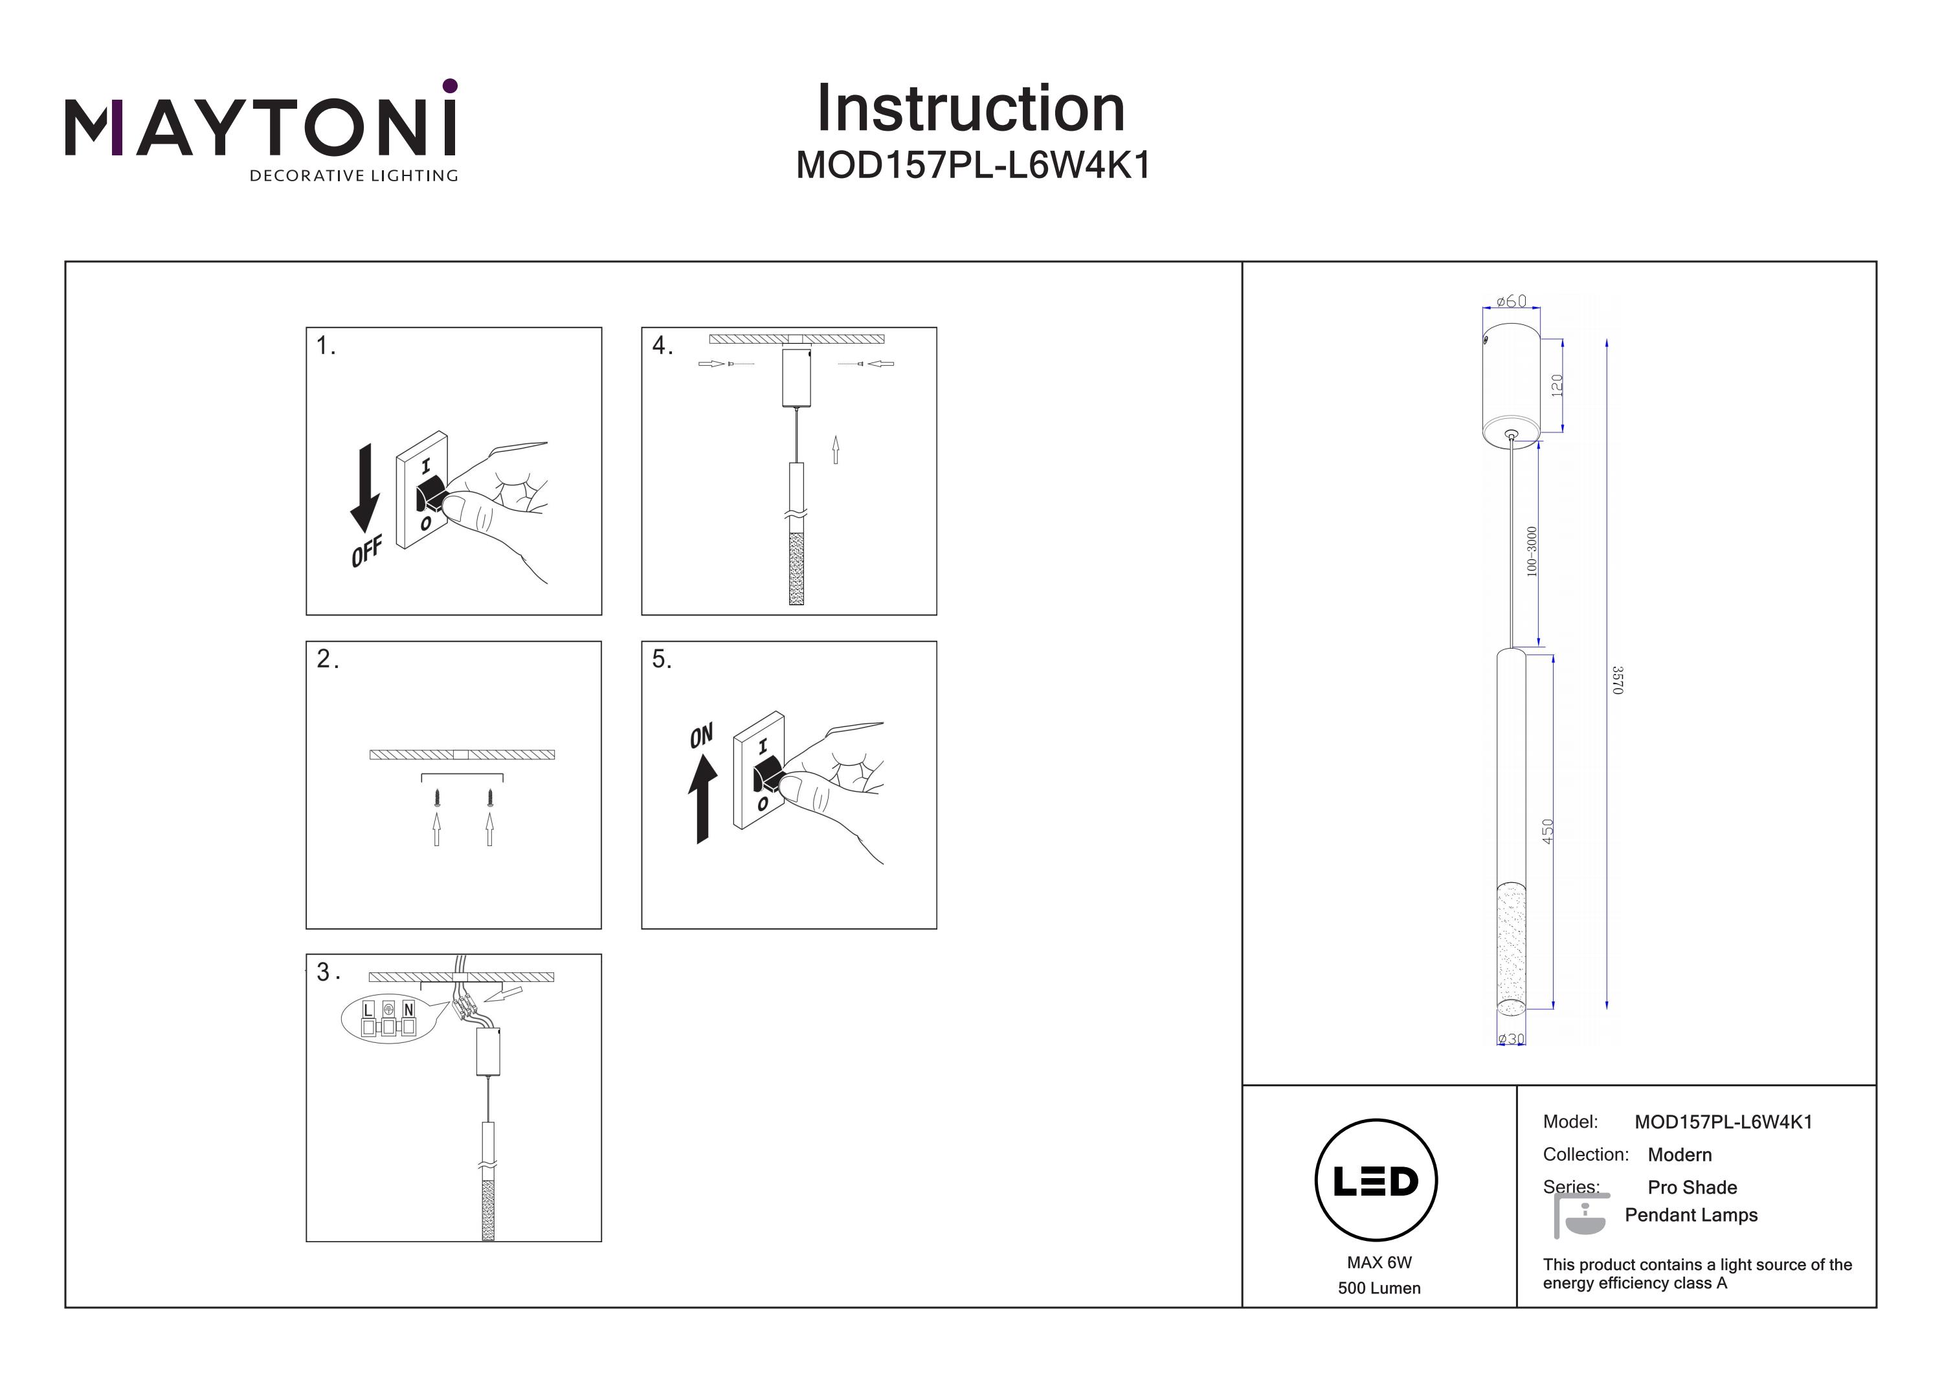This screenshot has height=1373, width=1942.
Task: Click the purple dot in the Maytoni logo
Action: click(450, 85)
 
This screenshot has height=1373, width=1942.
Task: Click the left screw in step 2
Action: click(436, 797)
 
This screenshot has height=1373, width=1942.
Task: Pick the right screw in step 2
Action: click(490, 797)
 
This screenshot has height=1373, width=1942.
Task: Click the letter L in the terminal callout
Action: click(368, 1009)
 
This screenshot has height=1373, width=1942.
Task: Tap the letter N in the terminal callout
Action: click(408, 1009)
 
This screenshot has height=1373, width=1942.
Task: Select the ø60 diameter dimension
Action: click(1512, 301)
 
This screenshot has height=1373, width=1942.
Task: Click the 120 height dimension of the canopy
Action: click(1557, 386)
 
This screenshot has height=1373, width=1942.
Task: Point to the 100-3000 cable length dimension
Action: click(1532, 552)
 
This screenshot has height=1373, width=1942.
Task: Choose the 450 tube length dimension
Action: click(1548, 831)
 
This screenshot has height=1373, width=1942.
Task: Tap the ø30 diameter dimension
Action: click(1512, 1039)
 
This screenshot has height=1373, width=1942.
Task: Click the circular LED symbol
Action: click(1376, 1181)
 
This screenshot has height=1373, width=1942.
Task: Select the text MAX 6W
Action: click(1379, 1263)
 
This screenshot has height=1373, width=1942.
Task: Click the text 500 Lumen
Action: click(1379, 1288)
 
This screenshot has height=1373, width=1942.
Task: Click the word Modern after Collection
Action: click(1680, 1155)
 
